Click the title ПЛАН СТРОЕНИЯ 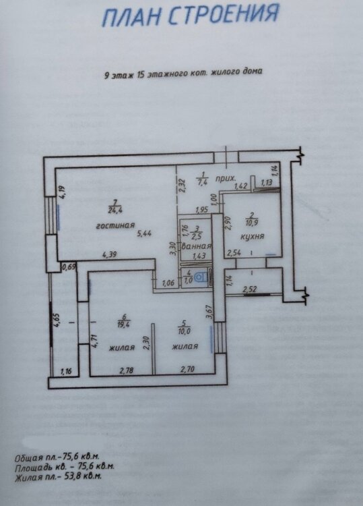tap(191, 15)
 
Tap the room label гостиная tap(115, 225)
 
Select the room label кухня tap(253, 237)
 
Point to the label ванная tap(197, 246)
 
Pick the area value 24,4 tap(116, 211)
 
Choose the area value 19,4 tap(124, 325)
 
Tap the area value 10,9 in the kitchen tap(252, 223)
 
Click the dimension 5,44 tap(144, 233)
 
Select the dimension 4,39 tap(110, 254)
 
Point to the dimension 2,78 tap(127, 370)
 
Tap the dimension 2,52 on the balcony tap(250, 289)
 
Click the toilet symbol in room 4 tap(202, 277)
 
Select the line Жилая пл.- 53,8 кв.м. tap(59, 476)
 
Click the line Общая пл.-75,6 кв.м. tap(57, 457)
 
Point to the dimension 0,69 tap(68, 266)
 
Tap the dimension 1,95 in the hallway tap(202, 210)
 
